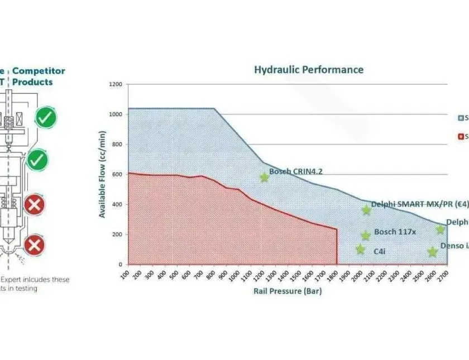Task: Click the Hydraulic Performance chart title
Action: [308, 70]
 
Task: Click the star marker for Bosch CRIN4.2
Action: [264, 177]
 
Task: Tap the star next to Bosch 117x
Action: [366, 236]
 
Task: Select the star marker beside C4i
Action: [360, 249]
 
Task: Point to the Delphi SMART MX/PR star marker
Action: [366, 210]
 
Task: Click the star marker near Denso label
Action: [432, 252]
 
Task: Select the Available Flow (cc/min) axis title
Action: [103, 173]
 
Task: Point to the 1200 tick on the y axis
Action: [116, 85]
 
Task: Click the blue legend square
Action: [460, 118]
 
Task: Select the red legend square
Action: [460, 136]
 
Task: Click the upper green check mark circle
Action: [45, 118]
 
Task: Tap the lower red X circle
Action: [35, 245]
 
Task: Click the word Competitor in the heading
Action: [39, 71]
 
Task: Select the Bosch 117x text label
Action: [395, 232]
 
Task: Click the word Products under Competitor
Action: [32, 82]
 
